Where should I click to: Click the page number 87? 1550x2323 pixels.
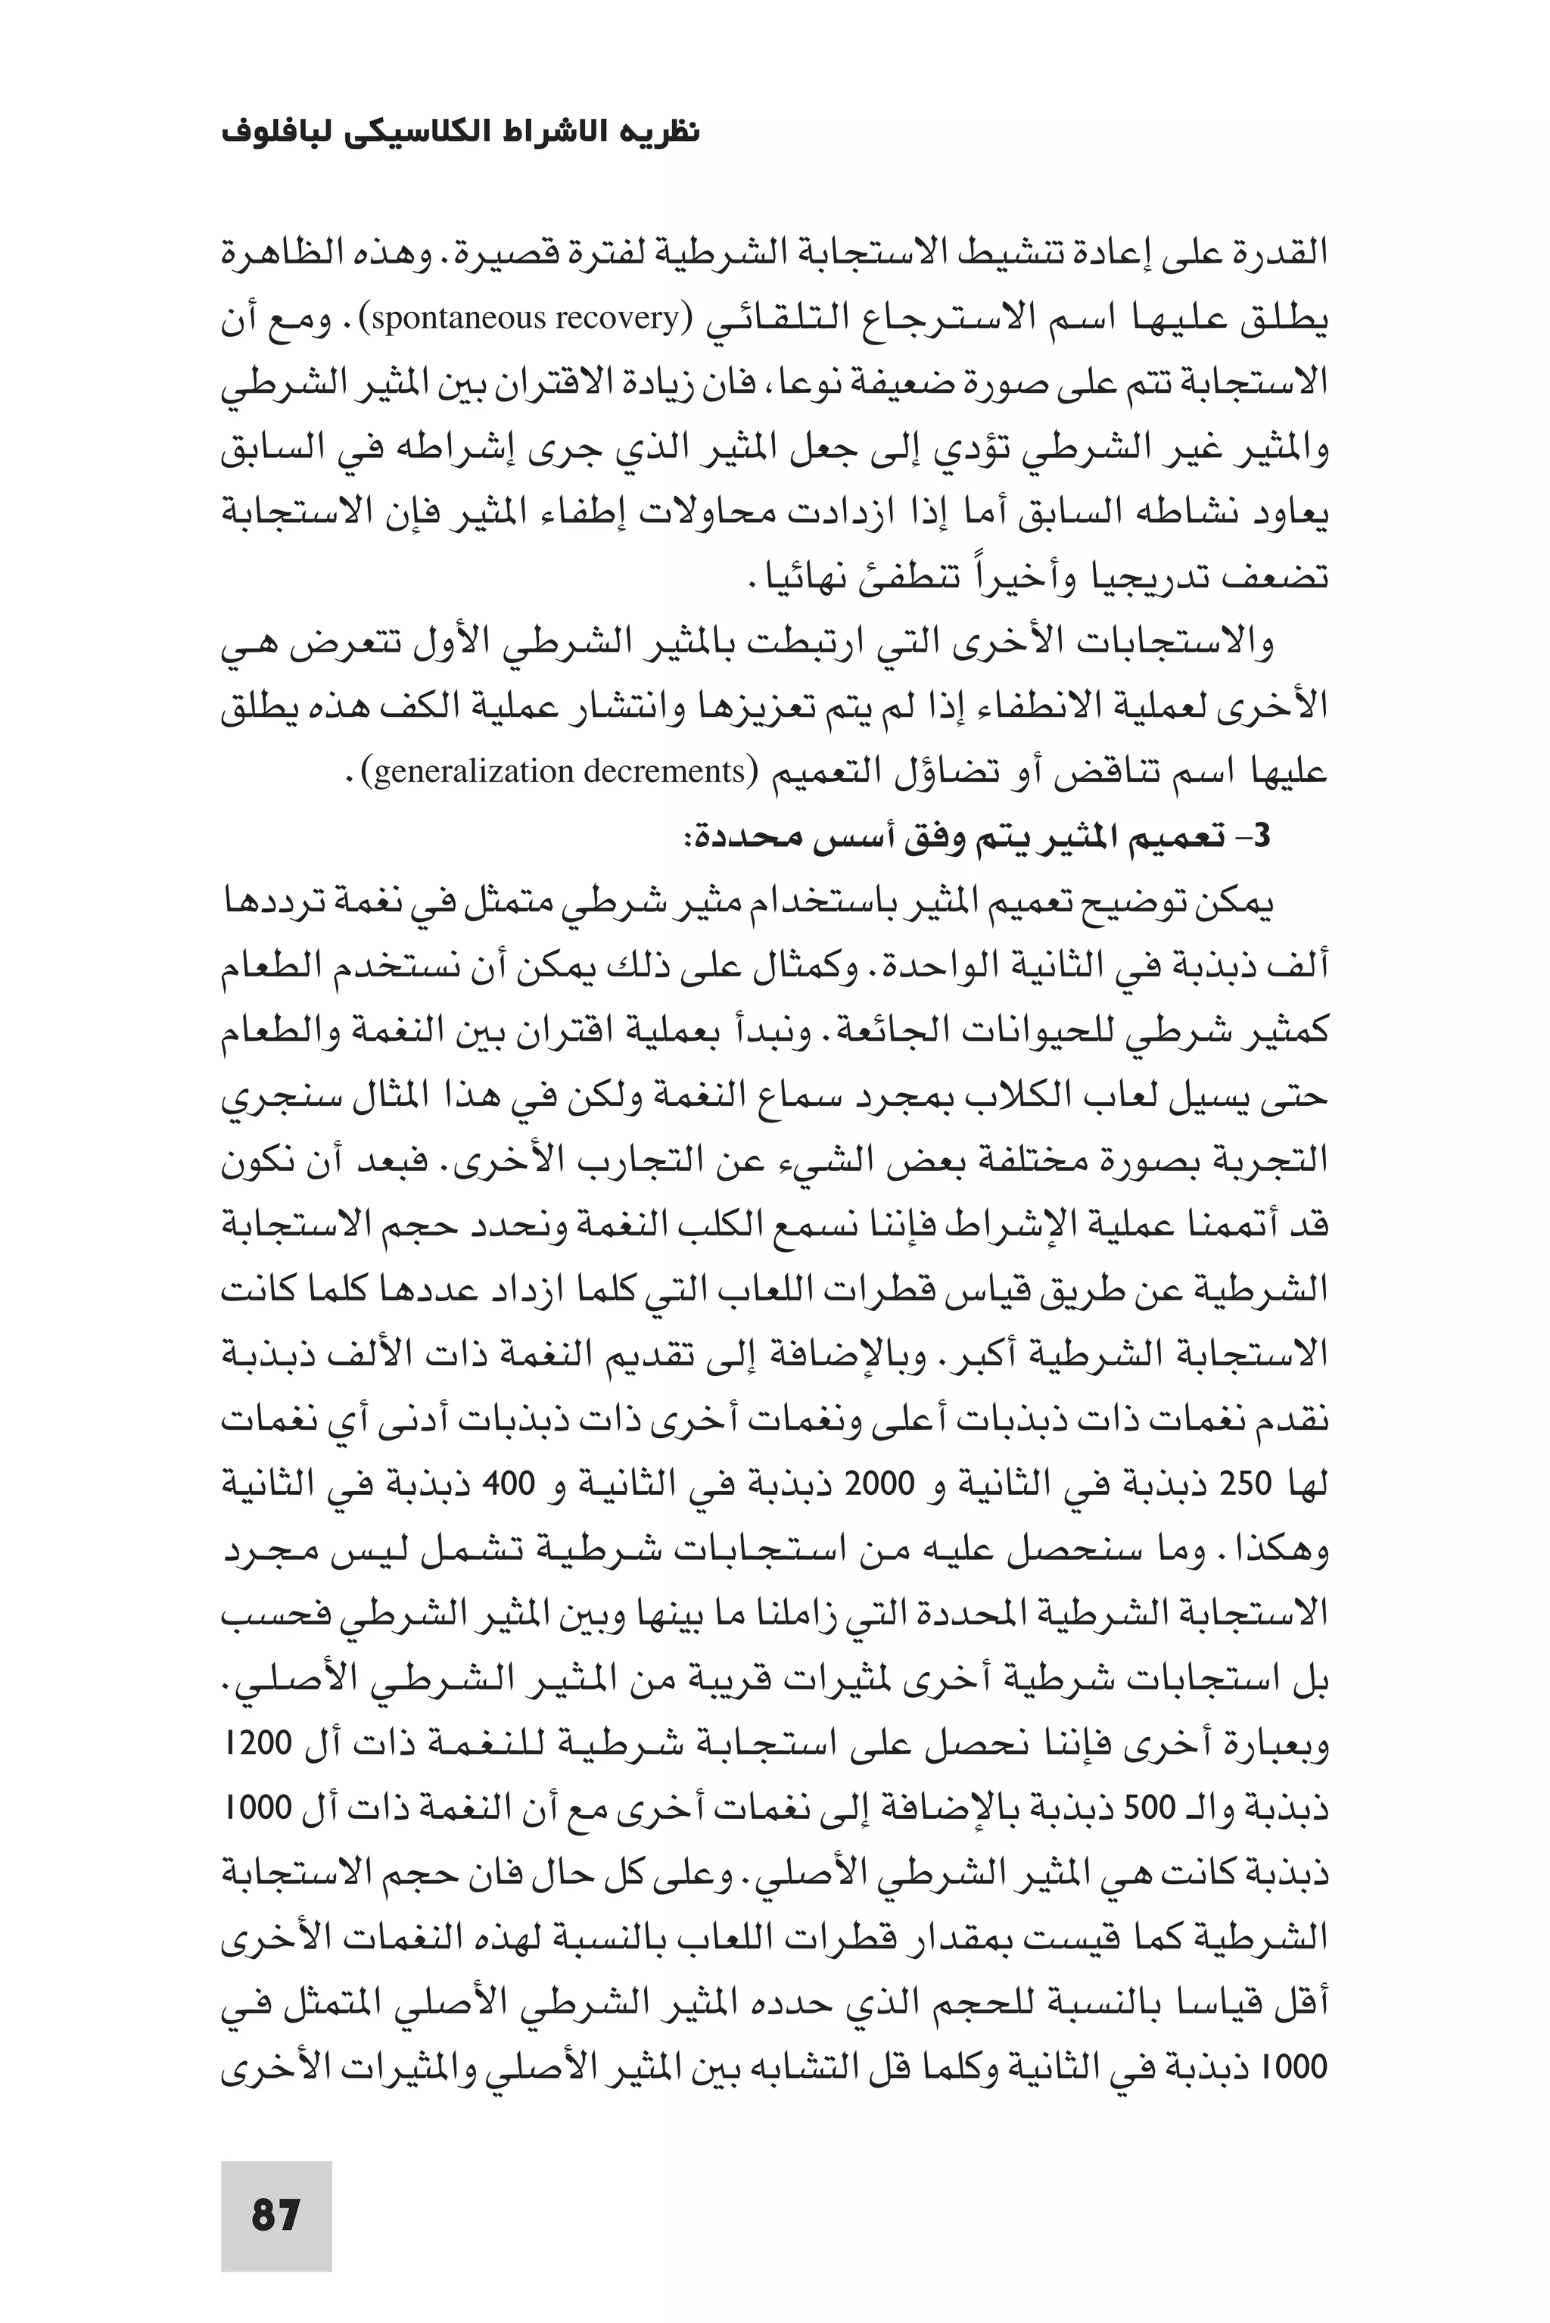click(x=275, y=2214)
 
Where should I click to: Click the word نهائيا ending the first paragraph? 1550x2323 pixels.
click(x=797, y=578)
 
